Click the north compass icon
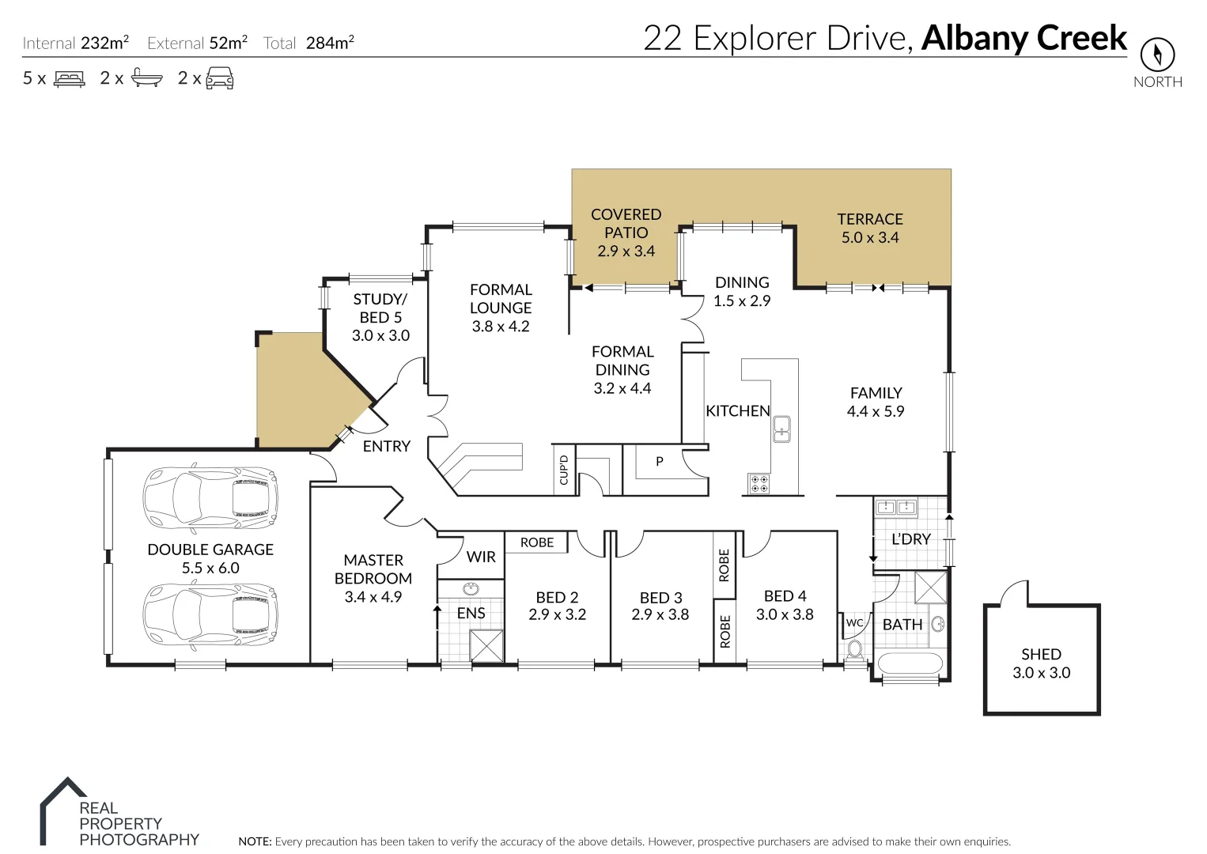click(x=1157, y=55)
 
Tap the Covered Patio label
click(x=626, y=224)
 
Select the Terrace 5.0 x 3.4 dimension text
click(x=870, y=238)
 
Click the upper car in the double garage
click(x=210, y=499)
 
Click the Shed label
click(x=1041, y=655)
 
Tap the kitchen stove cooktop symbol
click(x=759, y=483)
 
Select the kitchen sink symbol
click(x=781, y=429)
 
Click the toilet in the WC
click(x=854, y=650)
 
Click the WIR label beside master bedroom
click(x=481, y=557)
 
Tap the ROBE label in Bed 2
click(x=537, y=542)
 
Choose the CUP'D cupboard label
click(x=564, y=470)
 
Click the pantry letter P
click(x=659, y=462)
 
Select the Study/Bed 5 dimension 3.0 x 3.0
click(x=380, y=335)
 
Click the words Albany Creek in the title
click(x=1024, y=38)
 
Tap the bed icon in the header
click(x=69, y=78)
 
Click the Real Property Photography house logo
click(x=63, y=811)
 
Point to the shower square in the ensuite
click(x=486, y=645)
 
